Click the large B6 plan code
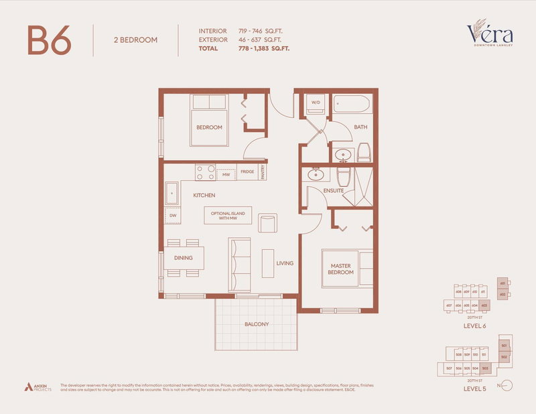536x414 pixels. (x=49, y=41)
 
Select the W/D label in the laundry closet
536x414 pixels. (x=315, y=102)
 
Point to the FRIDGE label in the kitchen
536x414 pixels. (x=247, y=173)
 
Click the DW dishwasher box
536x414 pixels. (x=173, y=216)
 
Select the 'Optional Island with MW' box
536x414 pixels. (x=228, y=216)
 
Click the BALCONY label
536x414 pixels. (x=256, y=324)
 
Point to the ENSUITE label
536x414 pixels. (x=334, y=190)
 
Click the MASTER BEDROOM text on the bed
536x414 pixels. (x=340, y=269)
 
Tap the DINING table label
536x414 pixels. (x=183, y=258)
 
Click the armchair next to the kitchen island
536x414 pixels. (x=267, y=223)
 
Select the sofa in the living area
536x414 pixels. (x=239, y=265)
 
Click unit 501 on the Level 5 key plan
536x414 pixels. (x=504, y=346)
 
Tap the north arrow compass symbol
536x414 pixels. (x=506, y=385)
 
